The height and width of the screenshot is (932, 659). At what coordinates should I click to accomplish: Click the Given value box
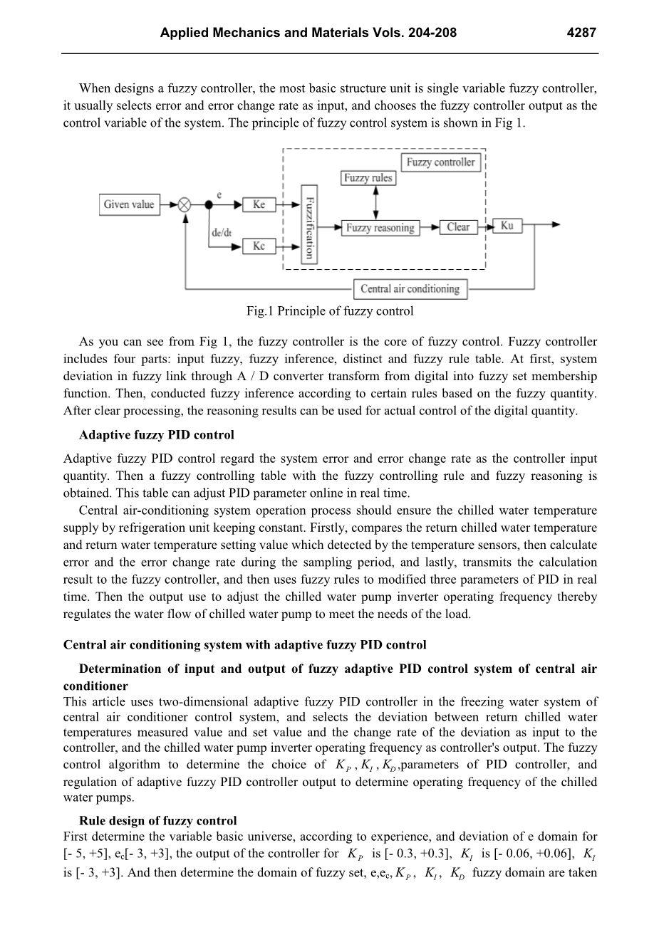point(129,204)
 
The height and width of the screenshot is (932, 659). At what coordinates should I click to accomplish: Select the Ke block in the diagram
point(259,204)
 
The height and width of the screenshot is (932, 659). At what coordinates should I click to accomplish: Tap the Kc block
point(259,246)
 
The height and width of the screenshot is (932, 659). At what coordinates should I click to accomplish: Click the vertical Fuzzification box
point(308,224)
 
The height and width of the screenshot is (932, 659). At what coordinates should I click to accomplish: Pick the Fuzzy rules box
point(368,178)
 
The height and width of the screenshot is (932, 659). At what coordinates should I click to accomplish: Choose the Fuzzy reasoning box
point(380,228)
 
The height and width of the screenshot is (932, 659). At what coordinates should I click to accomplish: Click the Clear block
point(458,227)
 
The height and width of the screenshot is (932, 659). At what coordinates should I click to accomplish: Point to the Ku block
point(507,226)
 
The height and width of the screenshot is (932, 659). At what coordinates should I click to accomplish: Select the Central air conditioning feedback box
point(410,288)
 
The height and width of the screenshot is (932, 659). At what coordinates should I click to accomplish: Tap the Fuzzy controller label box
point(440,162)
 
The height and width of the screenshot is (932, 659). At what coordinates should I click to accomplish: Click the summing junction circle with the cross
point(185,204)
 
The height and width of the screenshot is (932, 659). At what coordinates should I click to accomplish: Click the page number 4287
point(581,33)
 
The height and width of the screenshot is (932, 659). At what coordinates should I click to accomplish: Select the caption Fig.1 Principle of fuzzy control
point(330,311)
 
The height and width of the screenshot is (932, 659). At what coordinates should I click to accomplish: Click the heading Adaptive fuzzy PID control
point(156,435)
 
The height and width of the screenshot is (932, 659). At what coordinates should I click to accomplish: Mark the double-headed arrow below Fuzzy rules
point(375,201)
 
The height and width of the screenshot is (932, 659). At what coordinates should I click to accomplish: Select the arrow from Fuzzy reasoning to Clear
point(429,228)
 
